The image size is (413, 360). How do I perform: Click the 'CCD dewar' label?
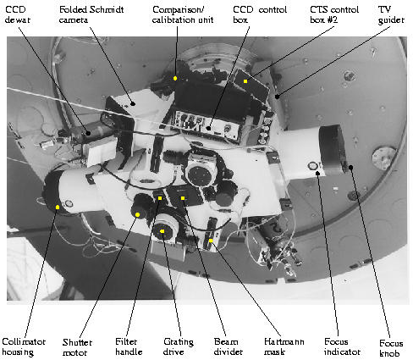point(18,14)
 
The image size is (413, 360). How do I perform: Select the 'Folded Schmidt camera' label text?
point(91,14)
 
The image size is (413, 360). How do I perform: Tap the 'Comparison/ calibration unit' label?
point(183,14)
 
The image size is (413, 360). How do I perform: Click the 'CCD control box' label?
point(260,14)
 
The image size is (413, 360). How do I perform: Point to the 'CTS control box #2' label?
point(334,14)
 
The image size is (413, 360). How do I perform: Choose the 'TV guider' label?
point(391,15)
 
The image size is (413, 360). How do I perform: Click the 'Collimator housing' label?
point(24,346)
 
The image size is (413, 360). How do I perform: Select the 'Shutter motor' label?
point(77,347)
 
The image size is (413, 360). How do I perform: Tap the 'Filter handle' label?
point(129,346)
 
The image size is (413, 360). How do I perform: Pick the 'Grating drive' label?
point(179,347)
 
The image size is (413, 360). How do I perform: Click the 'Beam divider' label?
point(229,346)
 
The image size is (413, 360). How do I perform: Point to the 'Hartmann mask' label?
point(284,346)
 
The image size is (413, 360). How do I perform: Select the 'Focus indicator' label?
point(342,346)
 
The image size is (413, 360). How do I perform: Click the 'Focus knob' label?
point(391,348)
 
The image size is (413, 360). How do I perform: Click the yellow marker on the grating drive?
point(162,231)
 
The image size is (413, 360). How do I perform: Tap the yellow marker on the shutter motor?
point(137,215)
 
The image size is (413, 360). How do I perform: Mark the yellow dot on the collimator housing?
point(58,208)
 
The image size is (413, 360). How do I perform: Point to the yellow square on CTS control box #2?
point(245,81)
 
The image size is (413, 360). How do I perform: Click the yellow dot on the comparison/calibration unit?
point(175,78)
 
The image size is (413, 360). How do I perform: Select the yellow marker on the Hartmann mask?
point(211,241)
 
